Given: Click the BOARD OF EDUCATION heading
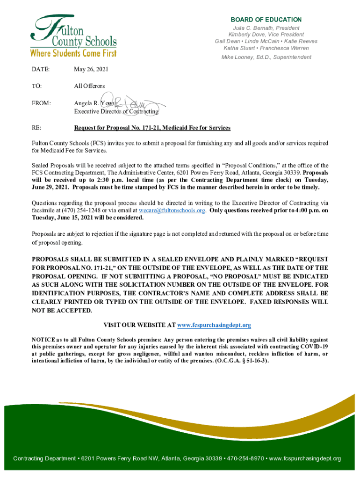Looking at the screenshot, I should pyautogui.click(x=266, y=20).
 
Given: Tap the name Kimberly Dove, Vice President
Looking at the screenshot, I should pyautogui.click(x=266, y=35).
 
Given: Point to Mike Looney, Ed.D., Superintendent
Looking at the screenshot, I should pyautogui.click(x=266, y=57).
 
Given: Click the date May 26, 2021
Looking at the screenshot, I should pyautogui.click(x=91, y=70).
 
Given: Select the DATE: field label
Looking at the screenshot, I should pyautogui.click(x=41, y=70).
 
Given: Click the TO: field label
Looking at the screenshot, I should pyautogui.click(x=37, y=87).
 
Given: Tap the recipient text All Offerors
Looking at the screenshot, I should pyautogui.click(x=89, y=87).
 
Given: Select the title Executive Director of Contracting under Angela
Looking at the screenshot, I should pyautogui.click(x=116, y=112).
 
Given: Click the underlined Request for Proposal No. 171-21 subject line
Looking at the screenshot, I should pyautogui.click(x=152, y=128).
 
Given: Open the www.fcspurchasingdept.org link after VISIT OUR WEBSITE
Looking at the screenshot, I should pyautogui.click(x=214, y=325).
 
